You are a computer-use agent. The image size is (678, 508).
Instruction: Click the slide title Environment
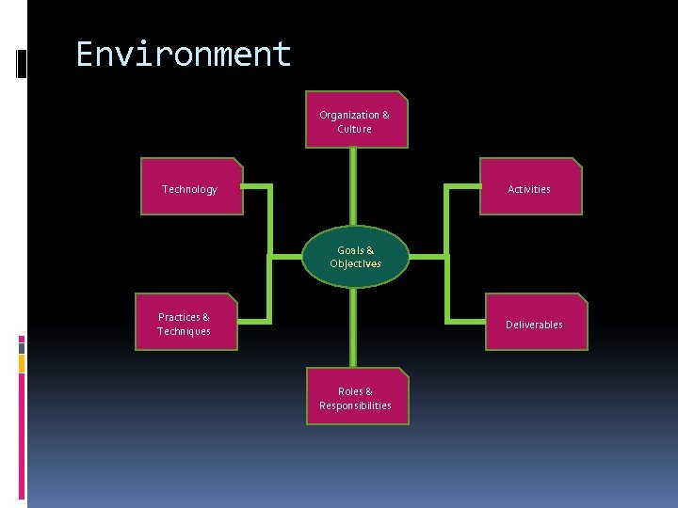(x=184, y=55)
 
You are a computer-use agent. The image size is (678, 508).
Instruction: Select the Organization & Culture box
(x=356, y=120)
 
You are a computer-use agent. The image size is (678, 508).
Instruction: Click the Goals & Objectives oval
(x=356, y=257)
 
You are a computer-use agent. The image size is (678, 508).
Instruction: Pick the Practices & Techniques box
(x=186, y=324)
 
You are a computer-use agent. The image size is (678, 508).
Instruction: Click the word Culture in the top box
(x=355, y=129)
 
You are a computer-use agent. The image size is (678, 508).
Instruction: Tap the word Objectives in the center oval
(x=356, y=264)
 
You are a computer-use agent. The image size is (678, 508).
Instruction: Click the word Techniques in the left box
(x=185, y=331)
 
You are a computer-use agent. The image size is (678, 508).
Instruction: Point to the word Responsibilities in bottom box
(x=356, y=405)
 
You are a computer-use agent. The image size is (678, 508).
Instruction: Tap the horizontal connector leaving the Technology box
(x=256, y=186)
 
